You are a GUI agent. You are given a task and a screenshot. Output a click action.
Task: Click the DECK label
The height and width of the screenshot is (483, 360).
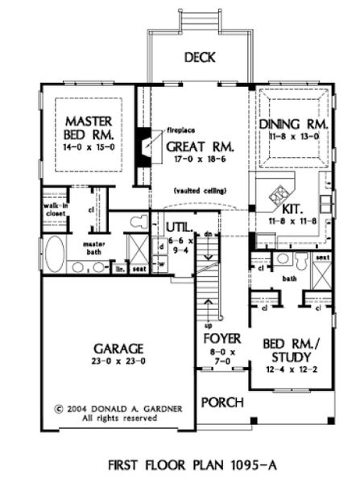197,57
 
